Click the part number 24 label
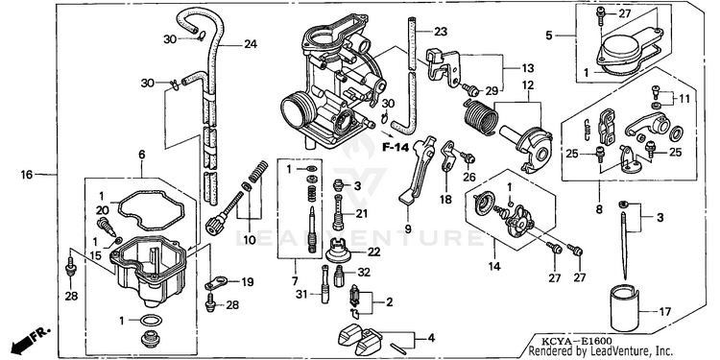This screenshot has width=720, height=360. [251, 44]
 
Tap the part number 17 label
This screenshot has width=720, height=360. [665, 312]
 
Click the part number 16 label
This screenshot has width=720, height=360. [27, 175]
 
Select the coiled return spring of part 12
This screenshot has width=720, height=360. [480, 118]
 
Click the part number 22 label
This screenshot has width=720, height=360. [373, 252]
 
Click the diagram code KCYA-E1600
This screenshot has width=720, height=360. [569, 341]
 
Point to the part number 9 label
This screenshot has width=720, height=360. [408, 228]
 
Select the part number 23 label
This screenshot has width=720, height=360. [441, 32]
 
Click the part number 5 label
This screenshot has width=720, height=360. [549, 35]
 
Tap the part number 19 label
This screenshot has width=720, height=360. [247, 282]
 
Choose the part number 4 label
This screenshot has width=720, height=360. [431, 339]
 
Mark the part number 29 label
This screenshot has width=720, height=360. [492, 91]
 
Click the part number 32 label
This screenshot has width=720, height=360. [364, 273]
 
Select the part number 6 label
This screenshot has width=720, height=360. [142, 155]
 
